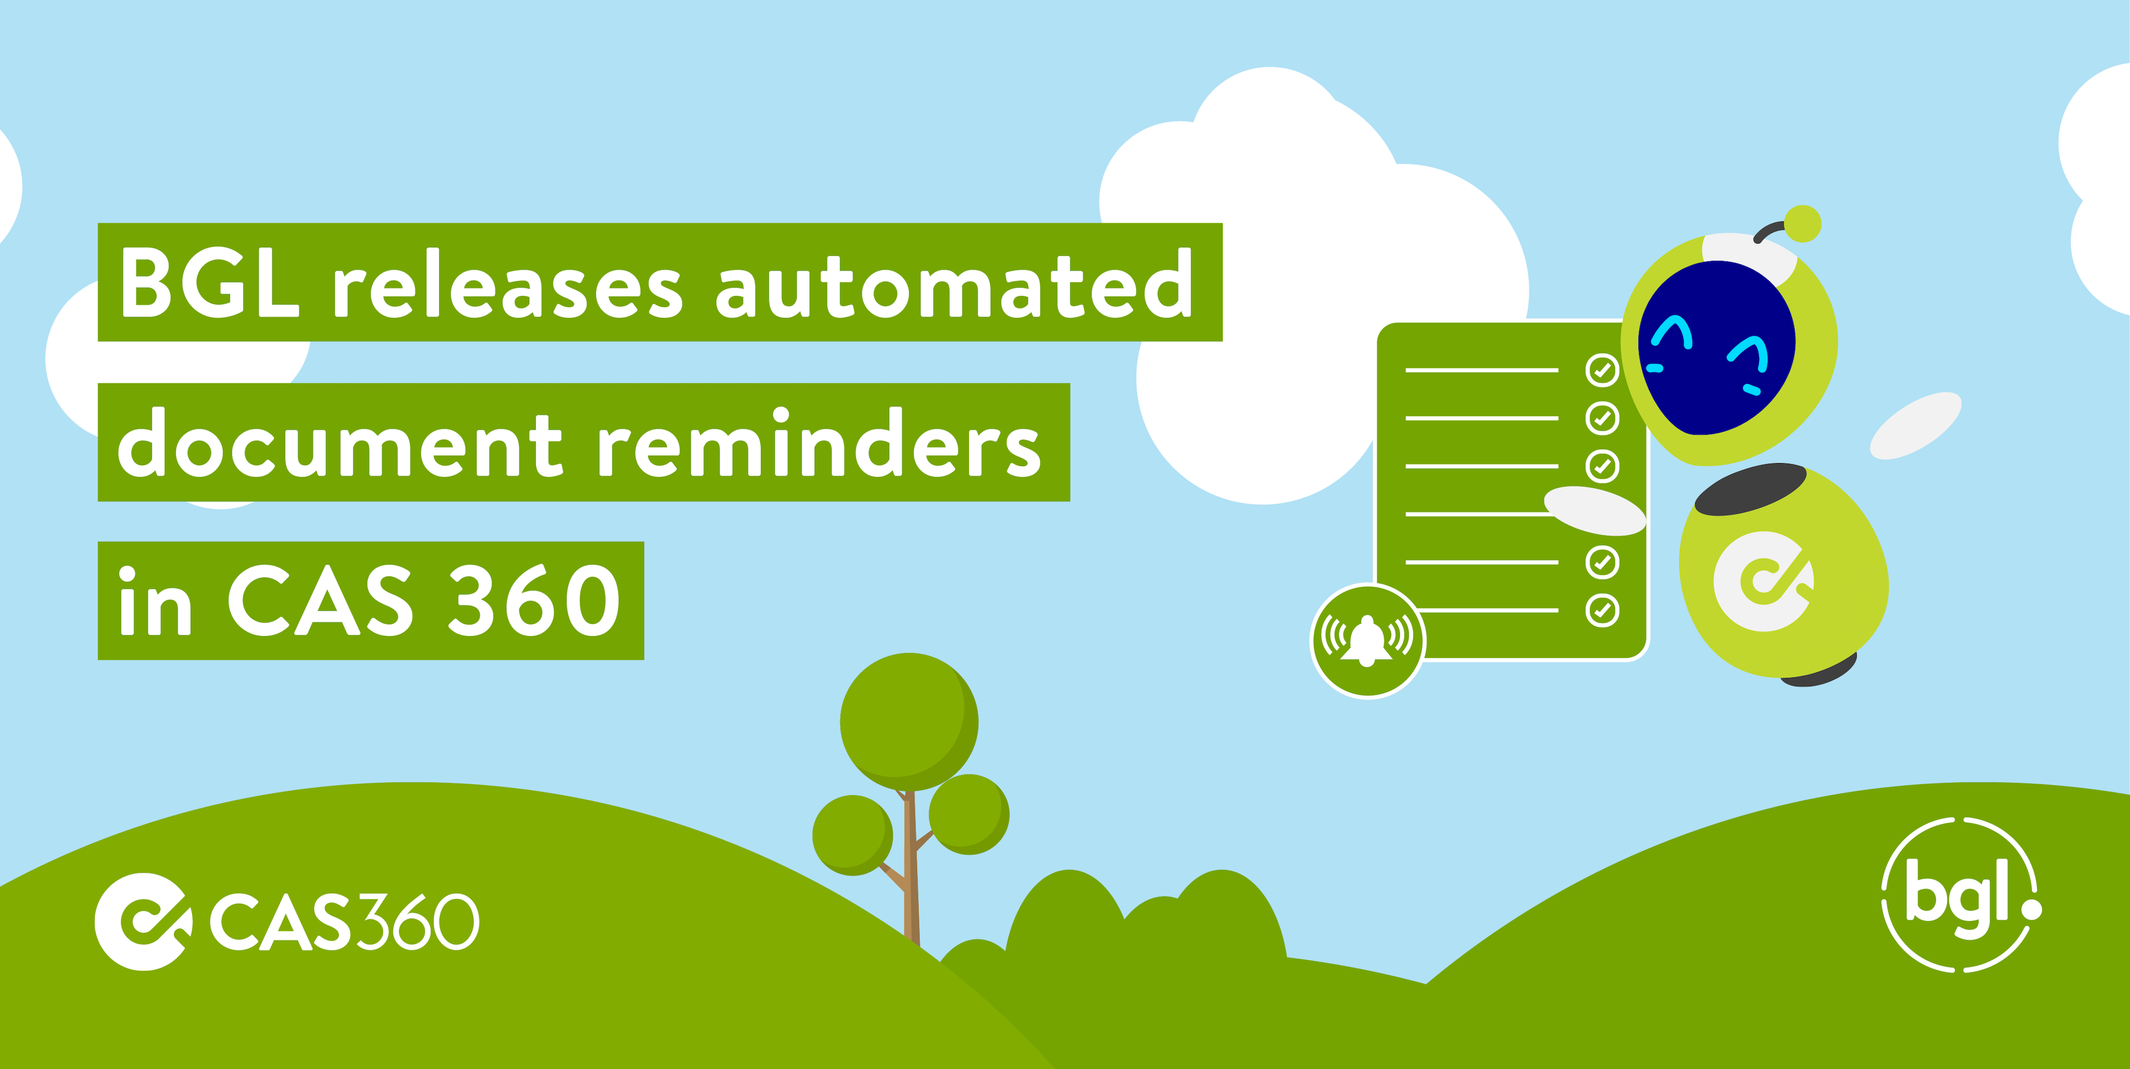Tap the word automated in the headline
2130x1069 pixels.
tap(953, 285)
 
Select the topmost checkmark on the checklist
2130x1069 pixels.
tap(1602, 370)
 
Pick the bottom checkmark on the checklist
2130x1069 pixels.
tap(1602, 610)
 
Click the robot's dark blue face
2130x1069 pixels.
tap(1715, 347)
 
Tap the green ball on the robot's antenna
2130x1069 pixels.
tap(1802, 223)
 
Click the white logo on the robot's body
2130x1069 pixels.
tap(1763, 581)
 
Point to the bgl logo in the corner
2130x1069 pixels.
tap(1960, 895)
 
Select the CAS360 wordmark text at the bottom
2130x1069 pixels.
tap(343, 921)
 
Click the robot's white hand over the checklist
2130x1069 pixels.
tap(1594, 509)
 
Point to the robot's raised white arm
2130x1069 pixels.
tap(1915, 425)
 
